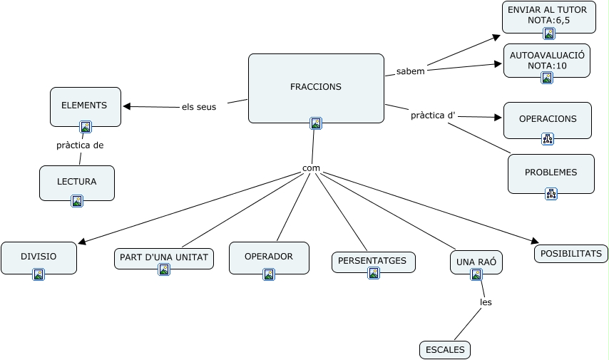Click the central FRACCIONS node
click(316, 88)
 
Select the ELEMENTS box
click(85, 106)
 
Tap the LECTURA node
click(77, 182)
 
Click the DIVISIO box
click(39, 256)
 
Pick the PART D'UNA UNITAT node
click(163, 257)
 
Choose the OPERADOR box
click(269, 257)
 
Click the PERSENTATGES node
click(373, 261)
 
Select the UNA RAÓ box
click(476, 262)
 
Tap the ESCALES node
click(445, 350)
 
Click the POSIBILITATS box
click(571, 254)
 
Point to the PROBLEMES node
click(551, 173)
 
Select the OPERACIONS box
click(548, 119)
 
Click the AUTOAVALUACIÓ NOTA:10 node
click(547, 60)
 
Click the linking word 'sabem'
click(410, 71)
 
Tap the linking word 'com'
click(311, 169)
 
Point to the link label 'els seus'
click(199, 107)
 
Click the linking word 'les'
click(486, 302)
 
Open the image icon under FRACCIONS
click(316, 123)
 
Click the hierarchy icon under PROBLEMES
click(551, 193)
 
